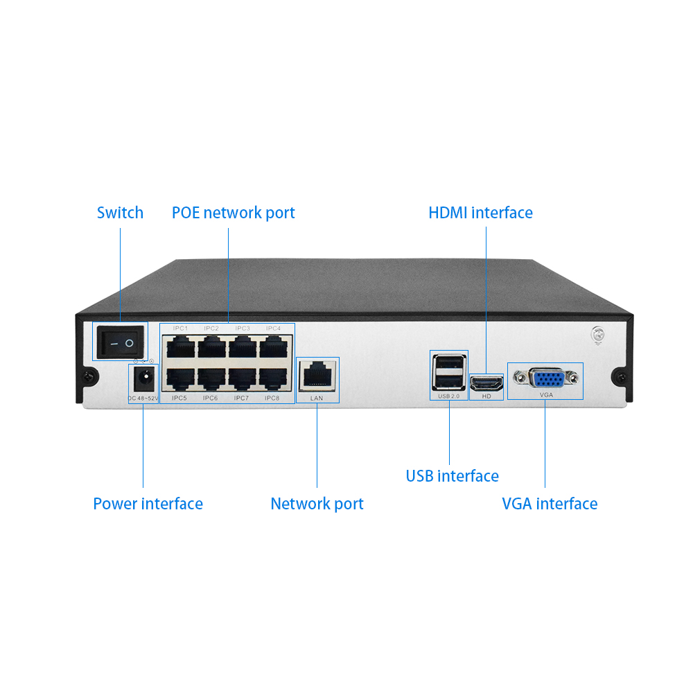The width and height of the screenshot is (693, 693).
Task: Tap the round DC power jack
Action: point(143,379)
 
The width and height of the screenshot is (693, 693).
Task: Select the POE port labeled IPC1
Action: point(181,345)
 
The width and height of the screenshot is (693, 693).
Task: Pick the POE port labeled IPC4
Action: point(273,345)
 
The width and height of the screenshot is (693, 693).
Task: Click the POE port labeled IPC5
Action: point(179,378)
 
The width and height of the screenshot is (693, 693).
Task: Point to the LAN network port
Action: point(317,376)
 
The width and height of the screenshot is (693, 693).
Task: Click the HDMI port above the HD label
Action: point(486,382)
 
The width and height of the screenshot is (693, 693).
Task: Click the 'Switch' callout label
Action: point(120,213)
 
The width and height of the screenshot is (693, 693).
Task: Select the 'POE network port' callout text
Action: point(233,213)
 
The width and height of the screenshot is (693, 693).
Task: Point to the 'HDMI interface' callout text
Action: point(480,213)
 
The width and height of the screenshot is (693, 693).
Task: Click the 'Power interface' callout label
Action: point(148,504)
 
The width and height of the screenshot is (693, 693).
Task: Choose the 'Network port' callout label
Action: point(317,504)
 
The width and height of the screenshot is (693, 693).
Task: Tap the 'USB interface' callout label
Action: point(452,476)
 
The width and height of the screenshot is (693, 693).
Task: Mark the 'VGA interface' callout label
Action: point(550,504)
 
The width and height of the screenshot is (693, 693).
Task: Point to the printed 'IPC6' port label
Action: point(211,398)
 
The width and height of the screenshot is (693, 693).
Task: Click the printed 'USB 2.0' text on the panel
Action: point(448,396)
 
